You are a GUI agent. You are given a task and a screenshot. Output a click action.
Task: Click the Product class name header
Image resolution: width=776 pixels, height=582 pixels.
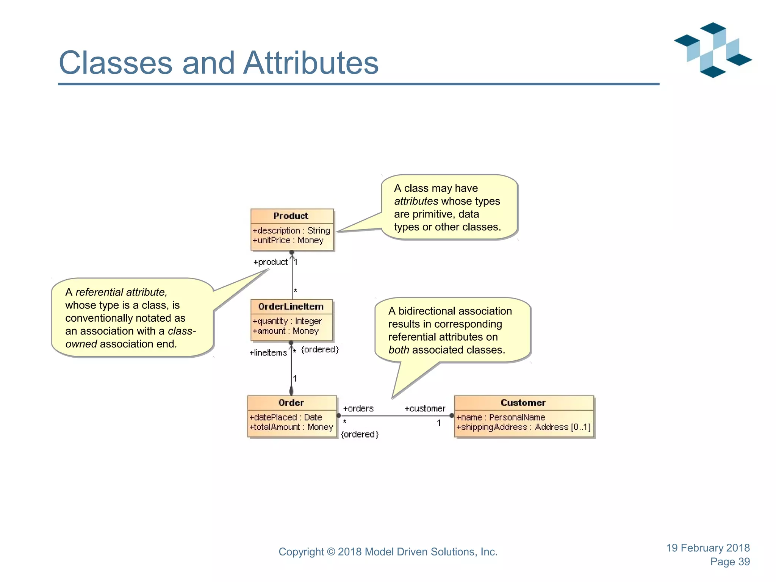pos(291,216)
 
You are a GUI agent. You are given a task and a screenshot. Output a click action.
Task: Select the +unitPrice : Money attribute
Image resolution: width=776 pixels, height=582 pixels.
pos(288,240)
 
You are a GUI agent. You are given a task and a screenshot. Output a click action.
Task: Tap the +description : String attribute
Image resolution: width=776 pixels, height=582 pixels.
pos(291,230)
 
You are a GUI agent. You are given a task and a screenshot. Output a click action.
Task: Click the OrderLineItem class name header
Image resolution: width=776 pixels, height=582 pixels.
pos(291,307)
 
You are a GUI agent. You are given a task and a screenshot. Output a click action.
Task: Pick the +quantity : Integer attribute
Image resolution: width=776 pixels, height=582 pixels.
pos(287,321)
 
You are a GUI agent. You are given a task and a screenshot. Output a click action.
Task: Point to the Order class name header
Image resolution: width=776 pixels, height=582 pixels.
pos(291,402)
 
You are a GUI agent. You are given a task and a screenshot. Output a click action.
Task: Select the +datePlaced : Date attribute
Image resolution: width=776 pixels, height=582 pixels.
pos(286,417)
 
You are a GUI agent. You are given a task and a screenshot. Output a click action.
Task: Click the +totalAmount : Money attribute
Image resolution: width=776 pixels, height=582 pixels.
pos(291,427)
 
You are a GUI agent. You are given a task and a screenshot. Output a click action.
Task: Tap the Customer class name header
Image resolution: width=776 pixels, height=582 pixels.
pos(523,402)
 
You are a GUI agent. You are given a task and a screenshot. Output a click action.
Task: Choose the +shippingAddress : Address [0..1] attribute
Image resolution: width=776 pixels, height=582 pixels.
pos(523,427)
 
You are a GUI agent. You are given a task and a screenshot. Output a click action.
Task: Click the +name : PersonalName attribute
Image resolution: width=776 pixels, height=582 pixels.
pos(501,417)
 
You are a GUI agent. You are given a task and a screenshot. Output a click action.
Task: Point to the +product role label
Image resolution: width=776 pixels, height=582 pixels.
pos(271,262)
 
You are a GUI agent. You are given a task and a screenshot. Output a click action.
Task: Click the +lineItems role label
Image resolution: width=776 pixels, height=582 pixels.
pos(268,353)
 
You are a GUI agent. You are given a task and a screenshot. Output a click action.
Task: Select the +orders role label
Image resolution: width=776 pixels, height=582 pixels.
pos(358,408)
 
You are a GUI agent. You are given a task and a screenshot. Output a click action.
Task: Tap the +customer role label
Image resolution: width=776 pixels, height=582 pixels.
pos(425,408)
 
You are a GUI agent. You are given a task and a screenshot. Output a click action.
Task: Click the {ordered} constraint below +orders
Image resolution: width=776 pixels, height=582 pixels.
pos(360,434)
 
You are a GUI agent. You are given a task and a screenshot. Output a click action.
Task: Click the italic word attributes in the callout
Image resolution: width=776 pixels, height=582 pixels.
pos(416,201)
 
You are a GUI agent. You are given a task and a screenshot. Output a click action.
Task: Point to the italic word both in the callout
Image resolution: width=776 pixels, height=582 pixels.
pos(399,350)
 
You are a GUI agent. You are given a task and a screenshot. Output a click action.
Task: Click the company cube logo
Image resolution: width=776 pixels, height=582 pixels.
pos(712,50)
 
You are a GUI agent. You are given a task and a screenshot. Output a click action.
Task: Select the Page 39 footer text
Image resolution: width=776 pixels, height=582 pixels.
pos(730,562)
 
